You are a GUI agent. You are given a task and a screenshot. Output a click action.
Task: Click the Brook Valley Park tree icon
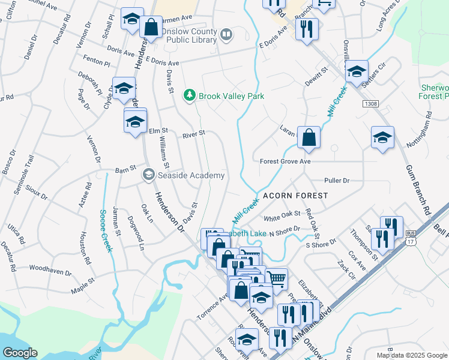click(190, 95)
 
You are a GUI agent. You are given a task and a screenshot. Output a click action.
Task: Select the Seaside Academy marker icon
click(148, 175)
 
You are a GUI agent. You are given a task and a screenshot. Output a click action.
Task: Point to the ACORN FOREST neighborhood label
click(295, 196)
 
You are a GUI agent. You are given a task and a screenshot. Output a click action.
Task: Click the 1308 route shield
click(370, 104)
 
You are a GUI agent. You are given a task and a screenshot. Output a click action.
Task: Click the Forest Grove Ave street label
click(285, 161)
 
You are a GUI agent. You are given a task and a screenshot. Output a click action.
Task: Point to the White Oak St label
click(282, 214)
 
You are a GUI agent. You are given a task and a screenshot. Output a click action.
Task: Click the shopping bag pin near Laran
click(309, 137)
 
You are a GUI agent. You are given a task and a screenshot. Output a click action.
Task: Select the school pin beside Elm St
click(135, 121)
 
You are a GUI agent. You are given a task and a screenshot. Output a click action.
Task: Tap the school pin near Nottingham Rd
click(382, 137)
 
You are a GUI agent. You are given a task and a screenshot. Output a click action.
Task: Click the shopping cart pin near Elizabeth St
click(276, 278)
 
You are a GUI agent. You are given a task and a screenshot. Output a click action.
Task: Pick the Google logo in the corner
click(20, 353)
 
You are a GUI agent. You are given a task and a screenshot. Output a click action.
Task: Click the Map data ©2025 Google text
click(411, 355)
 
